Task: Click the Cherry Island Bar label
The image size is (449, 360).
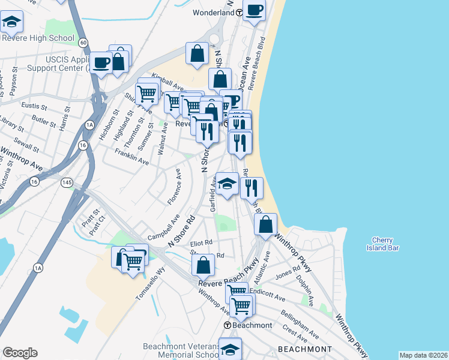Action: tap(385, 244)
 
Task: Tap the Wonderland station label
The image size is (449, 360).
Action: tap(213, 12)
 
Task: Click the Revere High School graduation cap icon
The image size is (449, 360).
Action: tap(11, 22)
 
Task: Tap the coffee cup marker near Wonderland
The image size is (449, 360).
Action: tap(254, 10)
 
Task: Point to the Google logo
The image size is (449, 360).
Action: tap(20, 353)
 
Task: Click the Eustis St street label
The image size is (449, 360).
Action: tap(34, 106)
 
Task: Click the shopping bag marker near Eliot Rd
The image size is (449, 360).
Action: tap(204, 265)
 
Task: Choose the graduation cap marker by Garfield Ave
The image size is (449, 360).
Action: tap(227, 183)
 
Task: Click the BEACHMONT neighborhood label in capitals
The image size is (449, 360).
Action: tap(304, 349)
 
